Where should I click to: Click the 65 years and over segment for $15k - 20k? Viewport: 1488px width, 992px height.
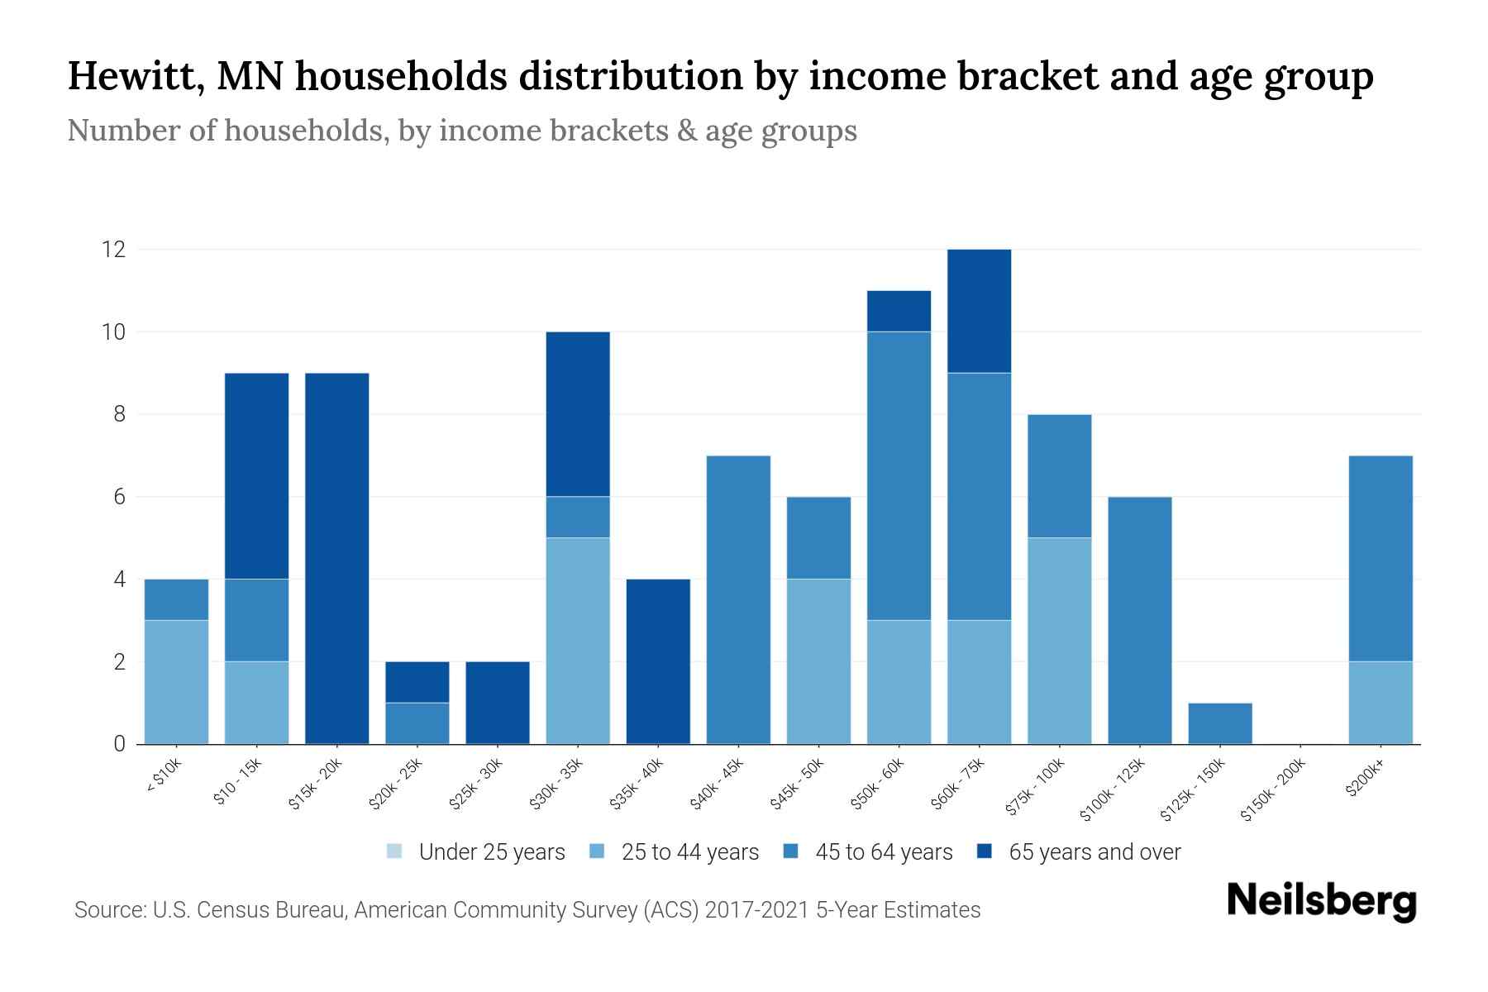pos(337,558)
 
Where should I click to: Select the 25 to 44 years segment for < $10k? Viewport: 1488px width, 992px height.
pos(176,682)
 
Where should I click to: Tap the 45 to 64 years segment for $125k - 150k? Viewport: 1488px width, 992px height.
pos(1220,723)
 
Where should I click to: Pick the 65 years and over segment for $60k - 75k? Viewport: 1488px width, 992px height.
pos(979,311)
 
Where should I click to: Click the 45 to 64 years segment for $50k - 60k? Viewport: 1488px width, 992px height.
pos(899,475)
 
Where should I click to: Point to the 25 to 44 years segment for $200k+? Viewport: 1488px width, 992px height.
pos(1381,703)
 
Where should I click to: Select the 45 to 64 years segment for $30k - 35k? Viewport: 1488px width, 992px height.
pos(578,517)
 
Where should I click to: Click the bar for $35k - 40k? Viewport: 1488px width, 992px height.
pos(658,661)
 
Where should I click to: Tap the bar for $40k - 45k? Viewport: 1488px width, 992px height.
pos(738,599)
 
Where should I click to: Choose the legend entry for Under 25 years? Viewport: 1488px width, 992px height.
pos(476,852)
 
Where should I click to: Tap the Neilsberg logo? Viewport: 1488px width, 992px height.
pos(1322,901)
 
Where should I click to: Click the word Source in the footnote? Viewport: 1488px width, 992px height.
pos(108,910)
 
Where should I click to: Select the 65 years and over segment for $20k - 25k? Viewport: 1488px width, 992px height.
pos(417,682)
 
